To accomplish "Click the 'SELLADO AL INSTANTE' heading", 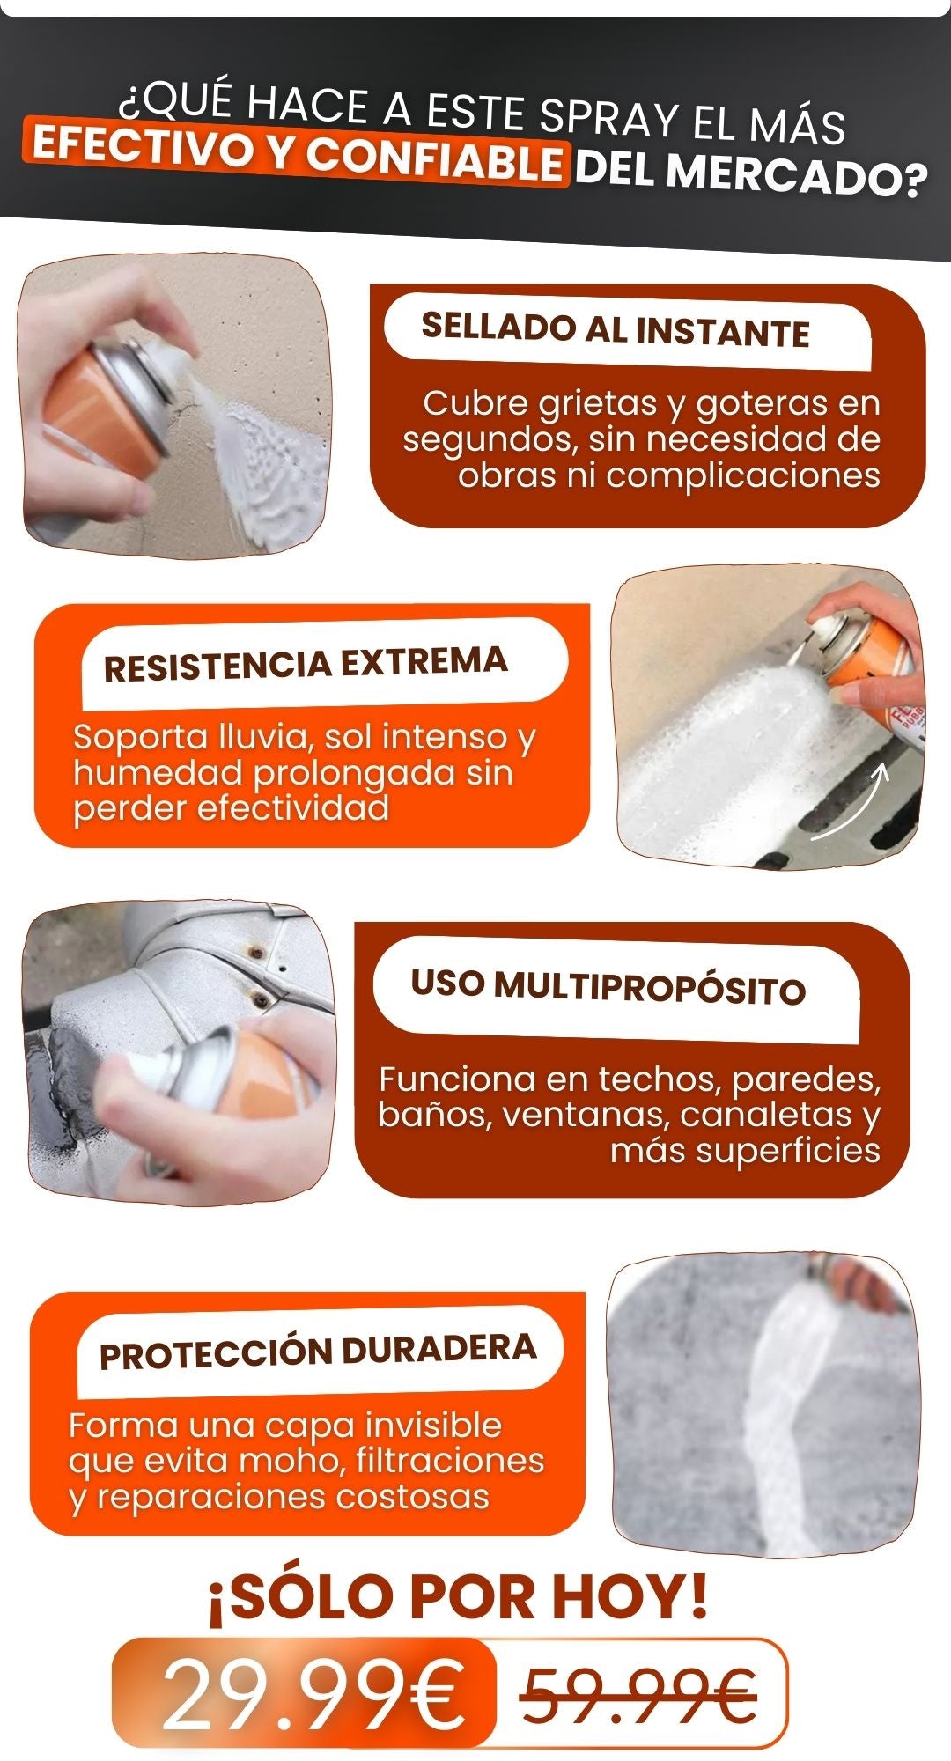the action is (616, 330).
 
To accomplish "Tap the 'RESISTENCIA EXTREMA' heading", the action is (306, 663).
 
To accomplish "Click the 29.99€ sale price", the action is (313, 1694).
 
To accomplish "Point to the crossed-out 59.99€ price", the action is (639, 1696).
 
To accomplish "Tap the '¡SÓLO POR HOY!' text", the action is (458, 1597).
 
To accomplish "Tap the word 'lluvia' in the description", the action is (267, 737).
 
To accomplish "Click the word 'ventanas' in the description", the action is (586, 1115).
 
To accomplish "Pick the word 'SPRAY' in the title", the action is (608, 118).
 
